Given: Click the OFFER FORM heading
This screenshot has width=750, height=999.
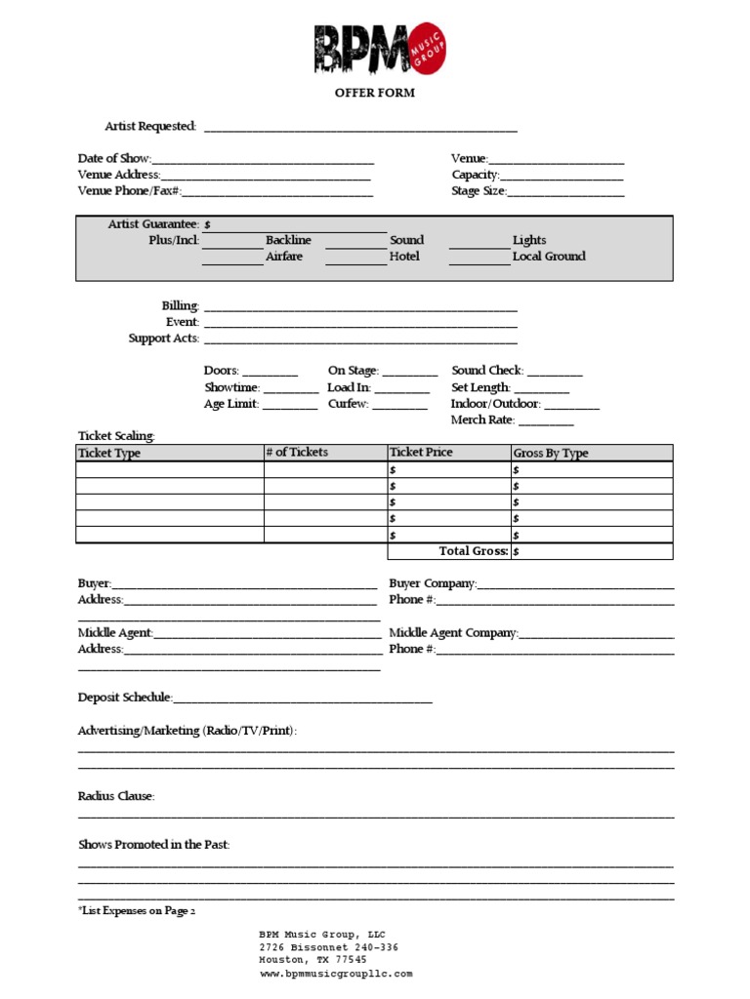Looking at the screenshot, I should pos(375,93).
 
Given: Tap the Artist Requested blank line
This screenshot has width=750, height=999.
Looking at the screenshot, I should pos(360,128).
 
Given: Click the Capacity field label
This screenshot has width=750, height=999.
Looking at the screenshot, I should pos(475,175).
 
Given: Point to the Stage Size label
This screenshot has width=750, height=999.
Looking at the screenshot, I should pos(479,191).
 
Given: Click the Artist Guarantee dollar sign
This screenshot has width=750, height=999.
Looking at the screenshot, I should pos(207,224).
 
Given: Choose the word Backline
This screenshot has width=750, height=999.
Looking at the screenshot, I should pos(288,240).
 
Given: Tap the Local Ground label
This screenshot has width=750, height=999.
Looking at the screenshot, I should pos(549,257).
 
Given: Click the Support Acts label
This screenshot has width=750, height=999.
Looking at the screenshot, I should pos(163,339).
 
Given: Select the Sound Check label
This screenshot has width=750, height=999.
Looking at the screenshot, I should pos(487,371).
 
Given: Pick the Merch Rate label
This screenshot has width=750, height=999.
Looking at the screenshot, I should pos(482,420).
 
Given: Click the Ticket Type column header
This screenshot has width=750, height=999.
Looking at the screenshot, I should pos(109,454).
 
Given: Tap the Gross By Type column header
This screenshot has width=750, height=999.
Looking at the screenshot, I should pos(551,454).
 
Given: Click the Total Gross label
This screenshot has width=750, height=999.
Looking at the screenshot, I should pos(474,551).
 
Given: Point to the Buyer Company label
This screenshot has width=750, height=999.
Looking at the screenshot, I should pos(433,583).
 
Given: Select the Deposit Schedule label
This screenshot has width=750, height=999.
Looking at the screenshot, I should pos(125,698).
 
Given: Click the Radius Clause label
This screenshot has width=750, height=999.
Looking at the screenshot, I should pos(116,796).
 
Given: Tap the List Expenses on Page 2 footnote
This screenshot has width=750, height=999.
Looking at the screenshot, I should pos(137,911).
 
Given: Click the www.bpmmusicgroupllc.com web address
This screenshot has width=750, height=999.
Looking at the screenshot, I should pos(336,974).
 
